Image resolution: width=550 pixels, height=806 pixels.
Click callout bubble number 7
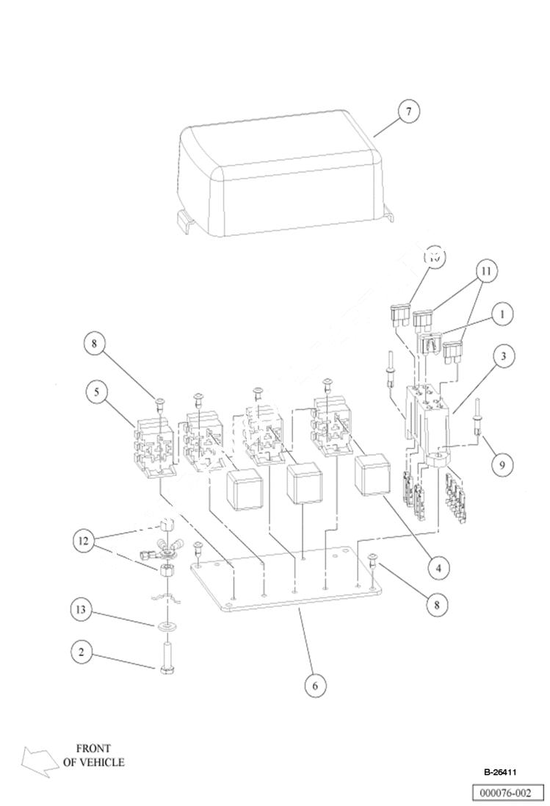pos(409,112)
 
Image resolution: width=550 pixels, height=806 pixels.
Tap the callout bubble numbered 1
pos(502,314)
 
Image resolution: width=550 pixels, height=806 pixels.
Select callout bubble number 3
pos(503,357)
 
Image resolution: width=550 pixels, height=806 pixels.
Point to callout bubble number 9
pos(502,464)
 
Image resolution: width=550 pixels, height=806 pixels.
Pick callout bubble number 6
pos(314,685)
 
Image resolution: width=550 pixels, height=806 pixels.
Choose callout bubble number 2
pos(82,651)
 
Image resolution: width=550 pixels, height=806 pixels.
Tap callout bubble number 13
pos(82,609)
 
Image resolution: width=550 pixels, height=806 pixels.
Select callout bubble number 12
pos(85,541)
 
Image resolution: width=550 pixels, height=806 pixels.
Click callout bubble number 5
pos(96,392)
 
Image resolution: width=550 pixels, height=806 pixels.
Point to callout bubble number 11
pos(485,270)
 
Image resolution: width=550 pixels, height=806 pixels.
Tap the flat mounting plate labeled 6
pos(286,588)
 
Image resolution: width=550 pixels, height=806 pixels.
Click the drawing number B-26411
pos(500,772)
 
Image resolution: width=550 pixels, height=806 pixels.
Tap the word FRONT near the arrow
pos(93,749)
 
